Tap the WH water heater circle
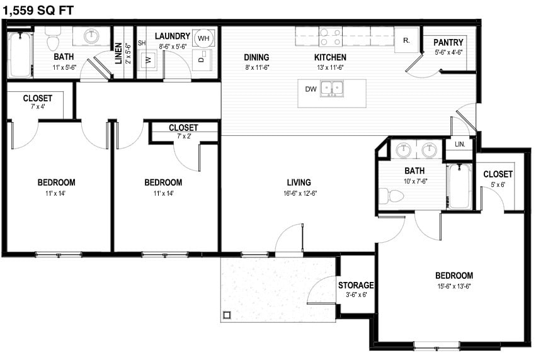pos(203,38)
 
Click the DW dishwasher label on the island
pos(311,89)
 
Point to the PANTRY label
pos(448,43)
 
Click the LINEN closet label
pos(118,53)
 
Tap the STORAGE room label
pos(356,285)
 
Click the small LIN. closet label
pos(460,144)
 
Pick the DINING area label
pos(257,57)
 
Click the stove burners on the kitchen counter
pos(331,37)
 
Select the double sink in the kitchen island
pos(333,88)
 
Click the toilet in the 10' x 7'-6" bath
pos(392,196)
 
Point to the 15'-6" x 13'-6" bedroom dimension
pos(453,286)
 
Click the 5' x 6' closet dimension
pos(498,184)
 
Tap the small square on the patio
pos(227,313)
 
